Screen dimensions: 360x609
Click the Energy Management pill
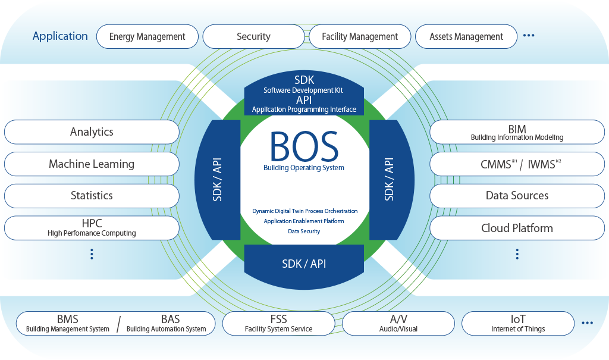(x=147, y=36)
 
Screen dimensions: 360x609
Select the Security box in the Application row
(x=253, y=36)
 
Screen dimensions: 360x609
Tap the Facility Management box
(x=360, y=36)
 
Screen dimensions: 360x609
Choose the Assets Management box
(x=466, y=36)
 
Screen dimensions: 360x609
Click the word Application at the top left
(x=60, y=36)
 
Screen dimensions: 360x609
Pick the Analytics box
(x=92, y=132)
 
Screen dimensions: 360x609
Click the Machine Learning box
(x=92, y=164)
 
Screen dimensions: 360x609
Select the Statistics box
(x=92, y=195)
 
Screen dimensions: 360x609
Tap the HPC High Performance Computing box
(x=92, y=228)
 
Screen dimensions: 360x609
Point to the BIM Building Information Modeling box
(x=517, y=132)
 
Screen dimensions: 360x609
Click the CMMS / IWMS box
(x=517, y=164)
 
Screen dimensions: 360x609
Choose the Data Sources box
(x=517, y=195)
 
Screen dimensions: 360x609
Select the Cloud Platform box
(x=517, y=228)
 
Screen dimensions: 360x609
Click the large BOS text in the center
(x=304, y=146)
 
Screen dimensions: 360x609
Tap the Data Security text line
(x=304, y=231)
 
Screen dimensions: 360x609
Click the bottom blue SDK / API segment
(x=304, y=264)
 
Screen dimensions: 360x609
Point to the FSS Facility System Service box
(x=278, y=324)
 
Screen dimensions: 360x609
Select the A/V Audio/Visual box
(x=398, y=324)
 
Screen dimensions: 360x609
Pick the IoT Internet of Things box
(x=517, y=324)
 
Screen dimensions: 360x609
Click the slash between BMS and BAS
(x=118, y=324)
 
